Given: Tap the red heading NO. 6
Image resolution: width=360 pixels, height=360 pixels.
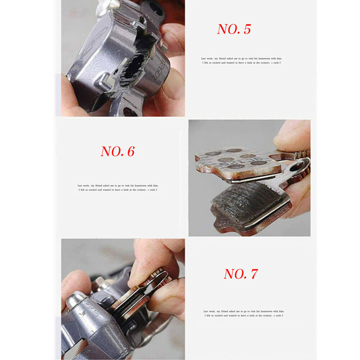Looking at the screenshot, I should tap(117, 151).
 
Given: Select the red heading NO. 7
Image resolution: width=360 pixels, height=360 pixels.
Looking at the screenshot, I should tap(241, 274).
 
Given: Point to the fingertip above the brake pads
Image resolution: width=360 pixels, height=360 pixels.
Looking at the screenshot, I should tap(291, 135).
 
